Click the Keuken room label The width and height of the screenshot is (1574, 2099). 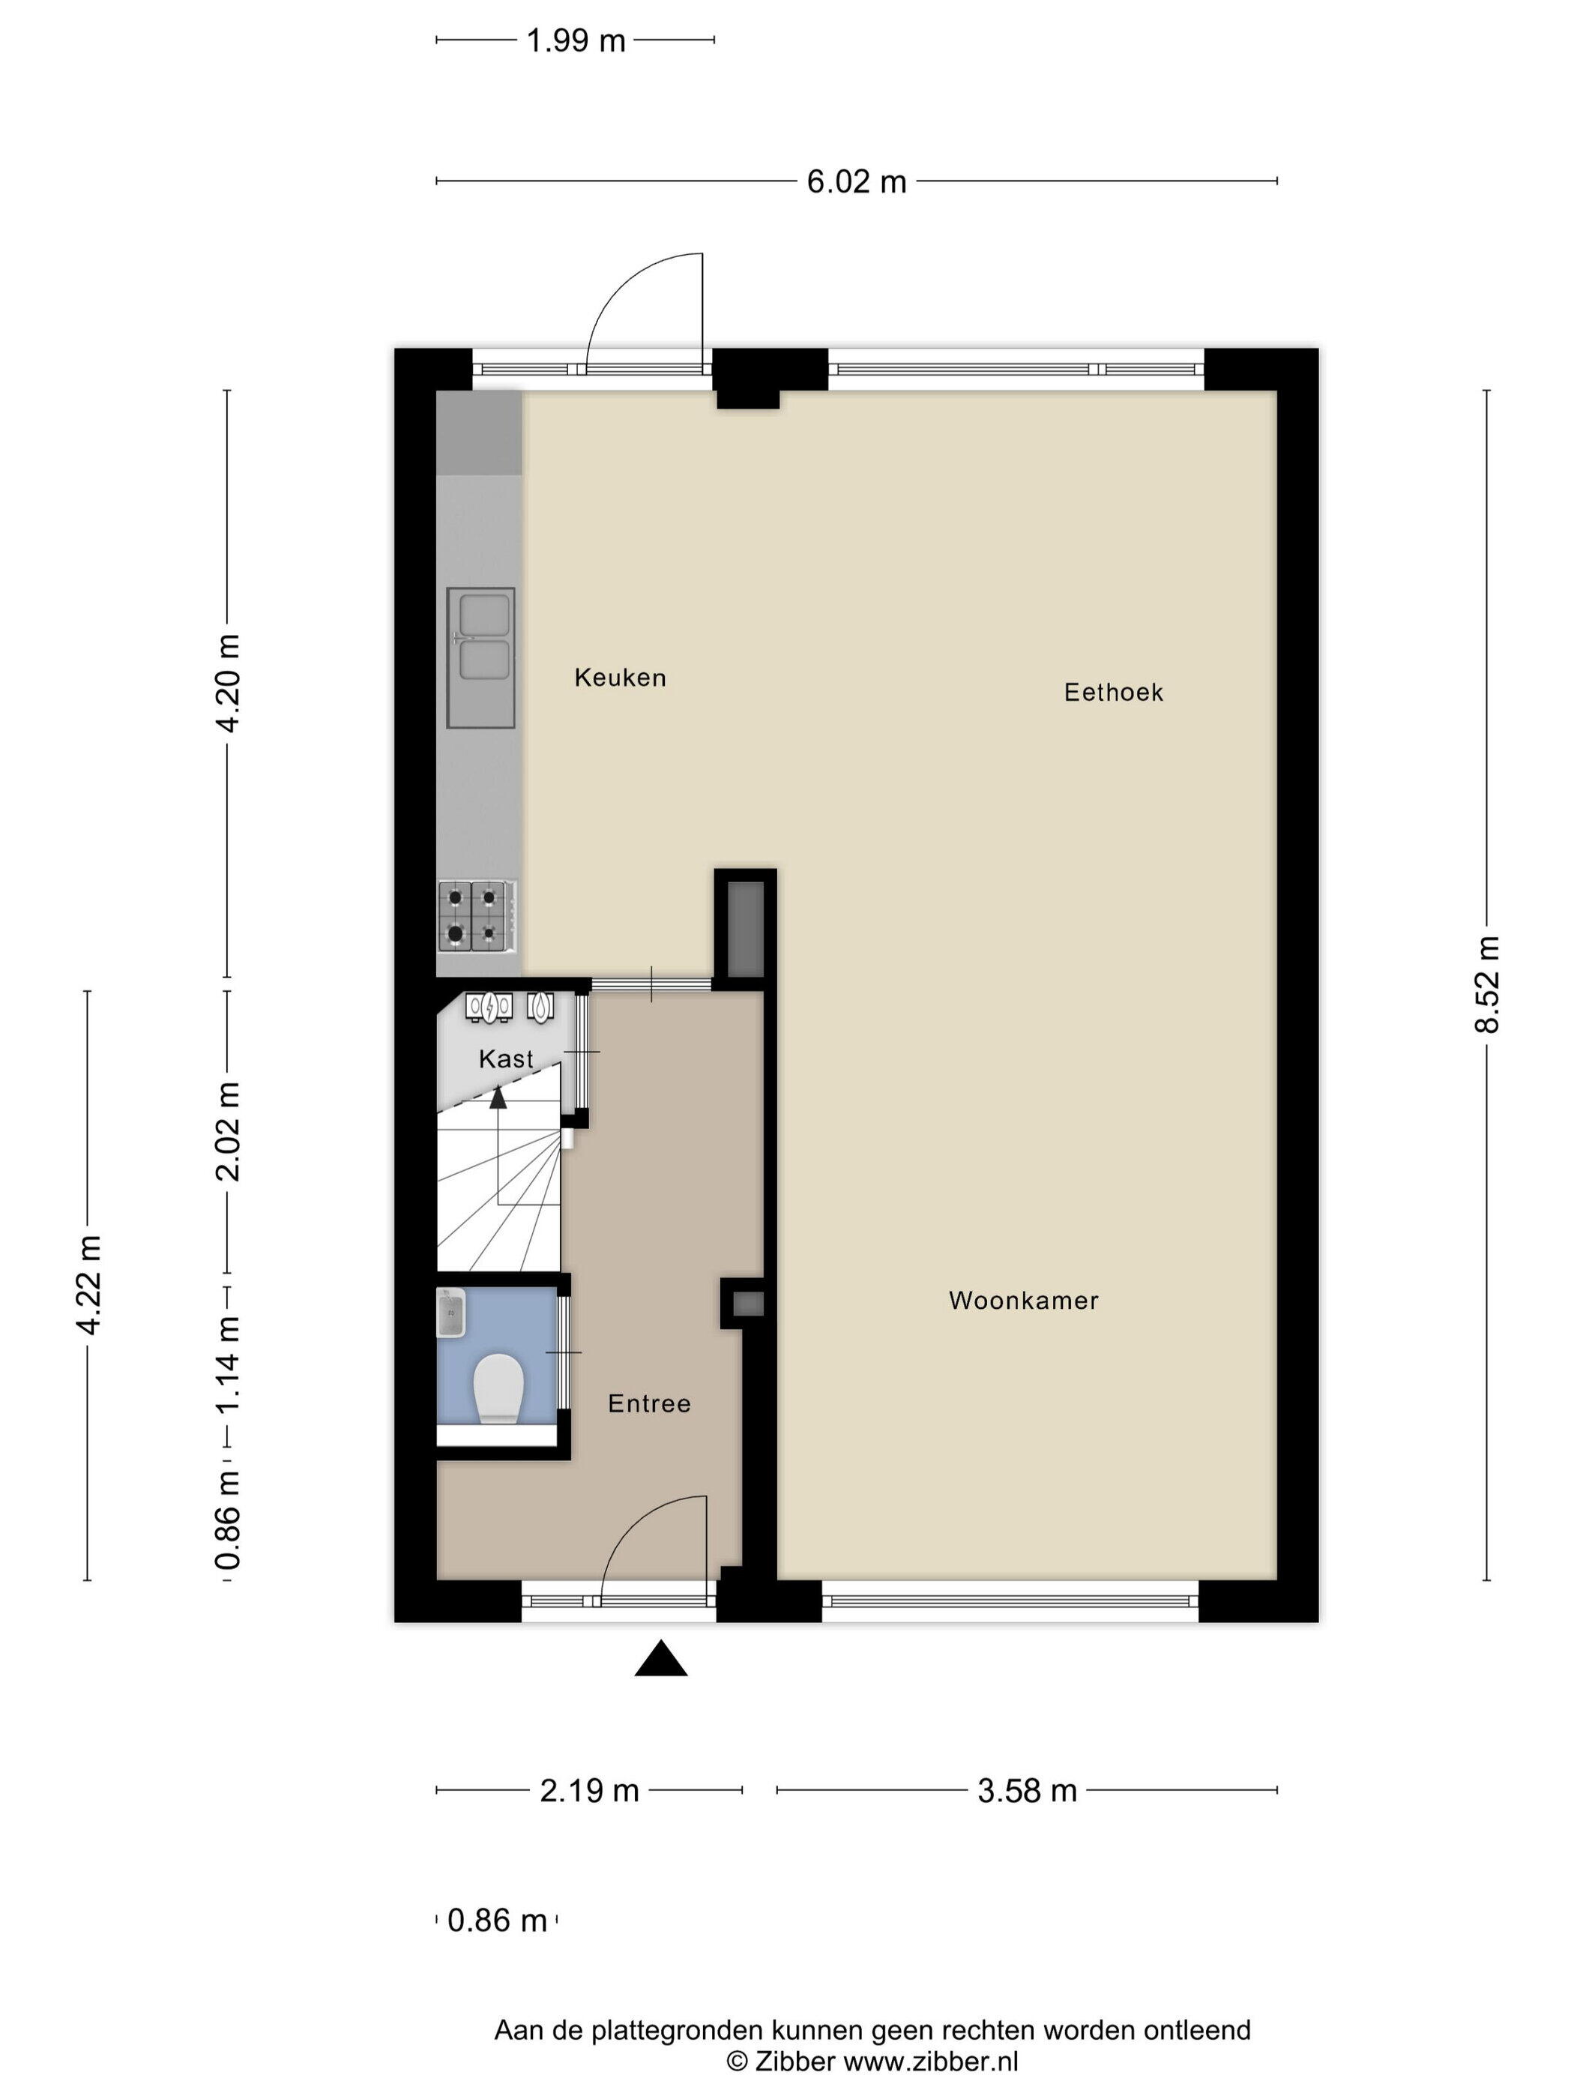[x=620, y=677]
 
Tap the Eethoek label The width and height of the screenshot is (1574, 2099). [x=1113, y=692]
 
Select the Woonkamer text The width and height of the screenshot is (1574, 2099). [x=1024, y=1300]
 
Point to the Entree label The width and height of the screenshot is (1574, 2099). [x=649, y=1403]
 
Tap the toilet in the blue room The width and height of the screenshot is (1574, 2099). [x=498, y=1388]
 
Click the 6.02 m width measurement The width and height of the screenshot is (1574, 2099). [x=856, y=181]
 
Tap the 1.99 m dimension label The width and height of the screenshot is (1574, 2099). [x=576, y=40]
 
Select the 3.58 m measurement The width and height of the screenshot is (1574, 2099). [x=1028, y=1791]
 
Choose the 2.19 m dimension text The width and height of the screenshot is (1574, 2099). [x=589, y=1791]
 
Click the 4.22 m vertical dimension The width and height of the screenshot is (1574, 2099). [x=88, y=1286]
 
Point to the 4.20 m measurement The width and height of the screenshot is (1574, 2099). [x=228, y=683]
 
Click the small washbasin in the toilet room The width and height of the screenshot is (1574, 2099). [x=450, y=1313]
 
